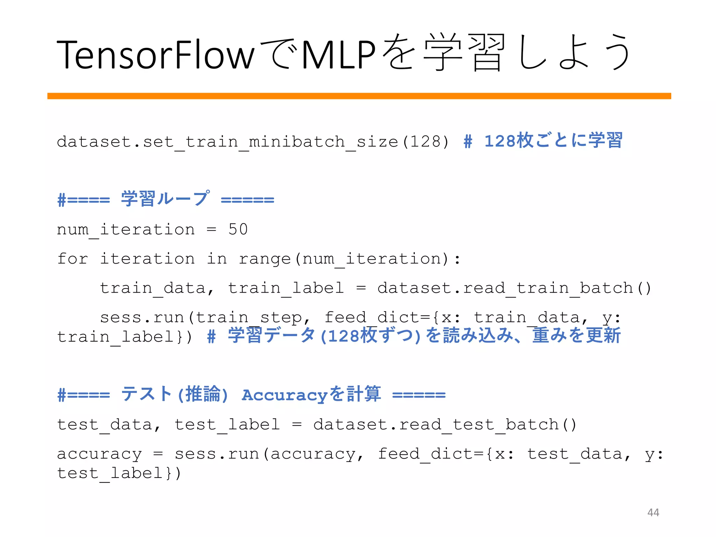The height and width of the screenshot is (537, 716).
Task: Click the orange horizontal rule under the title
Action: coord(359,96)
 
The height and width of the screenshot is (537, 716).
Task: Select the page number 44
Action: coord(653,512)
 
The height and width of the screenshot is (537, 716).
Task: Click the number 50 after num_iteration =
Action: coord(238,229)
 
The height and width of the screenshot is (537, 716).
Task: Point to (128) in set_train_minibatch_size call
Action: coord(425,142)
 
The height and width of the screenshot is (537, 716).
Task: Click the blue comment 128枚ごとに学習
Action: coord(553,141)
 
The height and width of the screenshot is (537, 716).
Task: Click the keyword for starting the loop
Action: coord(72,259)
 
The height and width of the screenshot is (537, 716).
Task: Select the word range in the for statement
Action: coord(265,259)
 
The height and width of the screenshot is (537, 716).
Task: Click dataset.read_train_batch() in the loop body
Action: coord(514,288)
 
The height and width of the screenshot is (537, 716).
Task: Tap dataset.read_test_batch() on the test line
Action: coord(445,424)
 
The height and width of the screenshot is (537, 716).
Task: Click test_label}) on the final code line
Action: coord(119,473)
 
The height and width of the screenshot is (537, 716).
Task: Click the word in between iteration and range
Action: coord(217,259)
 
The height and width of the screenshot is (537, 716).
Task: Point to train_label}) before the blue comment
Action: coord(124,337)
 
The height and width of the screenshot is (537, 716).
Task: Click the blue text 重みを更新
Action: coord(576,336)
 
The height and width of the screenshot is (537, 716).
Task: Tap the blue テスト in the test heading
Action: coord(146,394)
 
